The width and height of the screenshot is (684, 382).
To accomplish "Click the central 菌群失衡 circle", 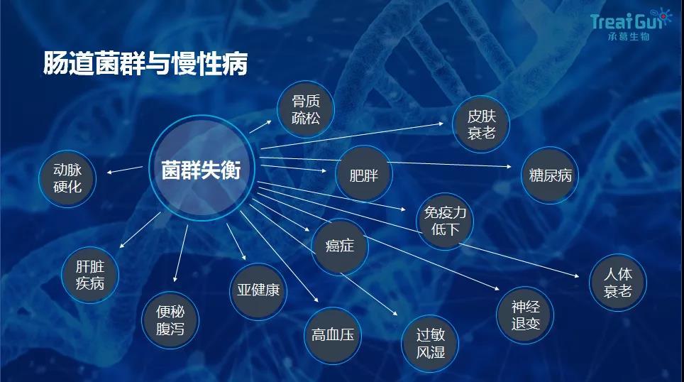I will coord(201,171).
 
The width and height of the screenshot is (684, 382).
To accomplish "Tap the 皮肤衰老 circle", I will coord(480,124).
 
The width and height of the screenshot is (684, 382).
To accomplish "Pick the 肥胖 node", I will coord(363,174).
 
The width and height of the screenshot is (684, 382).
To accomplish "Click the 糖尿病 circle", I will coord(550,175).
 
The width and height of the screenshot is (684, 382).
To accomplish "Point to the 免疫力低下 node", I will coord(445,221).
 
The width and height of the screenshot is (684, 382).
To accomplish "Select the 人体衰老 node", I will coord(617,282).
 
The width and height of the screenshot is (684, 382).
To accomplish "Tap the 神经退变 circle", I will coord(525,315).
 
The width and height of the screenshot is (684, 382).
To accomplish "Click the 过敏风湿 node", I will coord(430,342).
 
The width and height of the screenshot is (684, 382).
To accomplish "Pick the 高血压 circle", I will coord(332,334).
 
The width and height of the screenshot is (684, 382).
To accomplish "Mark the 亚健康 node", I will coord(258,290).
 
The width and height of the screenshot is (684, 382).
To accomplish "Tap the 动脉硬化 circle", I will coord(68,178).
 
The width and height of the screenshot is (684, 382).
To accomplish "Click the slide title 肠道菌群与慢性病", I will coord(145,63).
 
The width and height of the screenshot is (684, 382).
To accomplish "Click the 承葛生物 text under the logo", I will coord(629,36).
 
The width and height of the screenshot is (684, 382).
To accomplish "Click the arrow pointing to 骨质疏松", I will coord(260,126).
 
